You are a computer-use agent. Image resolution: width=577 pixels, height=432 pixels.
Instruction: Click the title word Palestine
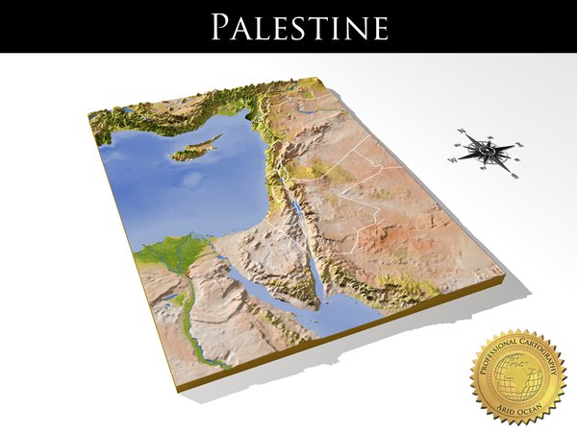(x=299, y=27)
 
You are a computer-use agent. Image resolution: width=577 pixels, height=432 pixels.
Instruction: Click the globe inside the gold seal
(x=516, y=375)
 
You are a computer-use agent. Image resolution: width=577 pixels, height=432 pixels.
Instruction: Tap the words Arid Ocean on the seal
(x=516, y=408)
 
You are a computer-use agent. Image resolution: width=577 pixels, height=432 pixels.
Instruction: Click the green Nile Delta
(x=173, y=254)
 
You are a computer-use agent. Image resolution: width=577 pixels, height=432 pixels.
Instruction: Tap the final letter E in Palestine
(x=380, y=27)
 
